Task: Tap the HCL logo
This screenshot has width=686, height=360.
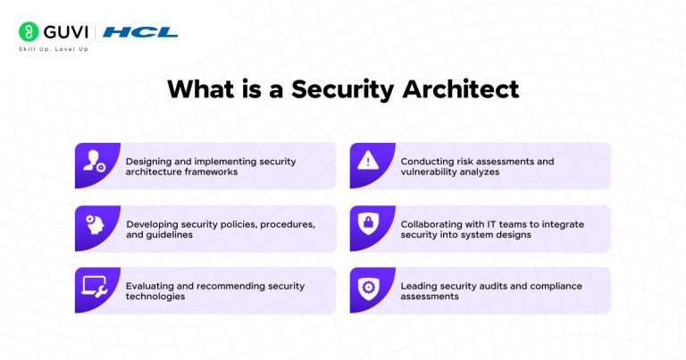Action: pyautogui.click(x=140, y=32)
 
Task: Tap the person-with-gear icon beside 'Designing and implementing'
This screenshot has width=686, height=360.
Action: pyautogui.click(x=95, y=163)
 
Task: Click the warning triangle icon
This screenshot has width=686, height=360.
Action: pyautogui.click(x=368, y=163)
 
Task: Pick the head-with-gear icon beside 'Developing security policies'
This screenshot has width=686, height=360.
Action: pyautogui.click(x=95, y=226)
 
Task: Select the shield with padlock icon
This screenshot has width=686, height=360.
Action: pyautogui.click(x=368, y=226)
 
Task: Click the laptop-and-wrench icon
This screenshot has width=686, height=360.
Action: pyautogui.click(x=95, y=289)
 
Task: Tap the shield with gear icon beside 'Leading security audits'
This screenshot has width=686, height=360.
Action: pyautogui.click(x=368, y=289)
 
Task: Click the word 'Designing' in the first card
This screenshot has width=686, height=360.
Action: pyautogui.click(x=148, y=162)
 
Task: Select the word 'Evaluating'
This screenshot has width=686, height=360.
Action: pyautogui.click(x=151, y=287)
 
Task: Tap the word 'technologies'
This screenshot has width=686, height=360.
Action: pyautogui.click(x=156, y=297)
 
